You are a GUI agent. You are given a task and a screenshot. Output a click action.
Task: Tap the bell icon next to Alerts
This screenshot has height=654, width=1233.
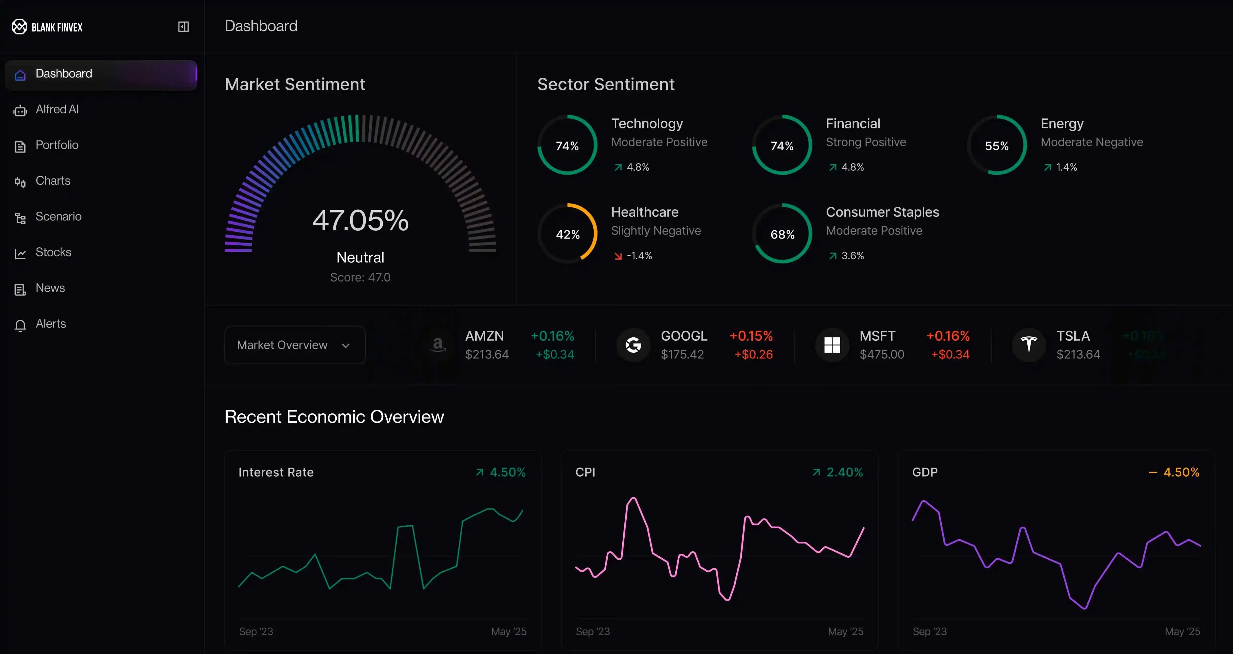(20, 325)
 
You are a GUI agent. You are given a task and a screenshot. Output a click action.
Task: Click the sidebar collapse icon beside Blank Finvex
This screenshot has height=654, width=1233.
(183, 27)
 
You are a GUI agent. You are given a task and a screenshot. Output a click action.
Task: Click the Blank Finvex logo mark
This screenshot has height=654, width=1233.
(20, 27)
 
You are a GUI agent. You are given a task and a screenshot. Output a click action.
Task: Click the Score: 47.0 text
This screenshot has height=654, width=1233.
(360, 278)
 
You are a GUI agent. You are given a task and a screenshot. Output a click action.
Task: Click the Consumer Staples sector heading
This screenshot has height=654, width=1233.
(882, 212)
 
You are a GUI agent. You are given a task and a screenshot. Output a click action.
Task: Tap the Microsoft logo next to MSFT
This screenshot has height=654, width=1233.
(832, 345)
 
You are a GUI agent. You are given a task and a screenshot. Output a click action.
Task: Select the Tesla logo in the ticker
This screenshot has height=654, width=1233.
(1028, 345)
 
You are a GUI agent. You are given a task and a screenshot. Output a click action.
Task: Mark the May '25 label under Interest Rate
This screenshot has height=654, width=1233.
(508, 631)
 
